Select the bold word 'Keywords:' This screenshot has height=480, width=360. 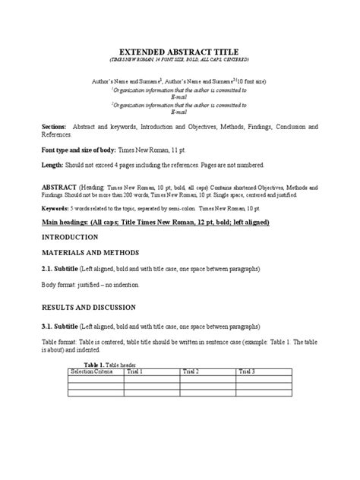(58, 207)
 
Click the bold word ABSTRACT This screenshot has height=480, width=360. (59, 186)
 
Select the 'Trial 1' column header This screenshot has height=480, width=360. (136, 371)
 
